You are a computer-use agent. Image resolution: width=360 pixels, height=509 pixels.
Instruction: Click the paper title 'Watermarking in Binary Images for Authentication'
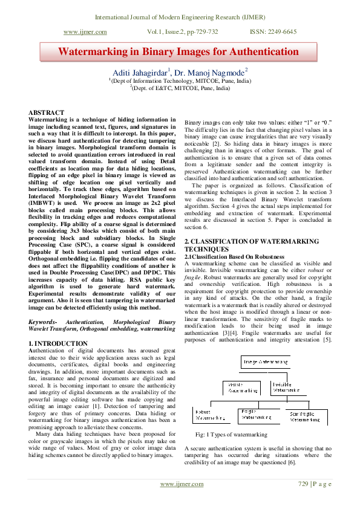[x=178, y=51]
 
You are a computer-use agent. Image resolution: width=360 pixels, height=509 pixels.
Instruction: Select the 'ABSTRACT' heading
[x=47, y=113]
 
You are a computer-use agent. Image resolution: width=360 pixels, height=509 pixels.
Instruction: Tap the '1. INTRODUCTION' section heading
[x=58, y=343]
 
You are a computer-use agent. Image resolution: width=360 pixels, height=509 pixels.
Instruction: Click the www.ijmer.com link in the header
[x=85, y=32]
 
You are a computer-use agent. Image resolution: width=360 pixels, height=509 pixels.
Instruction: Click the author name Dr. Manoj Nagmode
[x=212, y=72]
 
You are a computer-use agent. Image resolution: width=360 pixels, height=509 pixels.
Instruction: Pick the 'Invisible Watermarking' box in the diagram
[x=289, y=387]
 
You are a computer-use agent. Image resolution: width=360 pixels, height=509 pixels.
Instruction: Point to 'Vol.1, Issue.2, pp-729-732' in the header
[x=183, y=32]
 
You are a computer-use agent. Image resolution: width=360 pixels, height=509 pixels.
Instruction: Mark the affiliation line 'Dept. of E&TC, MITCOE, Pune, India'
[x=180, y=88]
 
